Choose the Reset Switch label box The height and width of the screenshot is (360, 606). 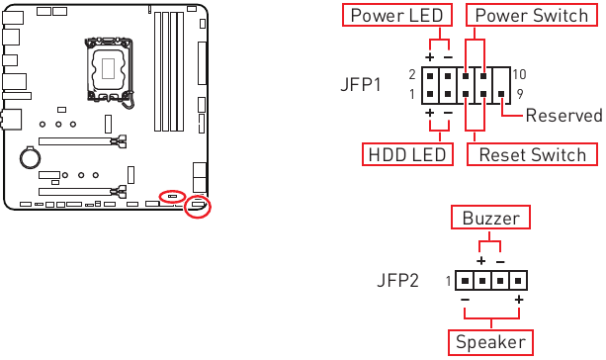point(533,154)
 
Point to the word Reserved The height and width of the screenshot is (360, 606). point(563,116)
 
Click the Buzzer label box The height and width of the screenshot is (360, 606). point(490,218)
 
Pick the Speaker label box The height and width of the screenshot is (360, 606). point(491,342)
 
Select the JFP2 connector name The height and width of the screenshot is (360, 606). point(397,281)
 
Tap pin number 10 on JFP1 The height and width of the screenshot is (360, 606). point(520,75)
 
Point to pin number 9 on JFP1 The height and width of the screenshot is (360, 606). point(520,94)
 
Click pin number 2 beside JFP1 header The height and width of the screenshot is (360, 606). point(411,75)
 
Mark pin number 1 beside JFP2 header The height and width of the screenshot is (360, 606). point(447,281)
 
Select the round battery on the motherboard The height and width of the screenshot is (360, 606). point(32,156)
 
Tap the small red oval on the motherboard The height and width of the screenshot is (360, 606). point(171,196)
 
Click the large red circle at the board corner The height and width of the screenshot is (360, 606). point(199,207)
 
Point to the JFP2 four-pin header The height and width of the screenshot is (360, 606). point(491,281)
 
